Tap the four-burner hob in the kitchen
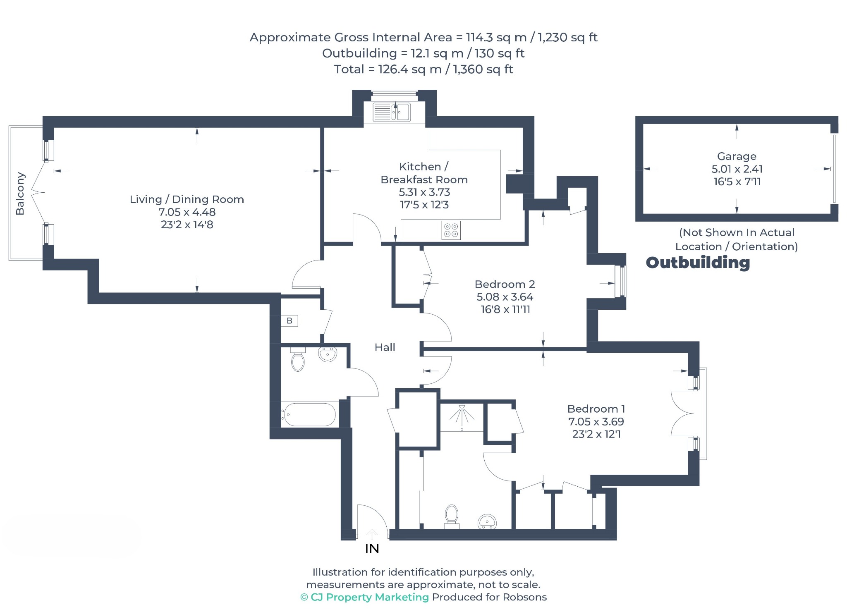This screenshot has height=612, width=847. tap(451, 230)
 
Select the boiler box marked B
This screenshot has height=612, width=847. tap(290, 320)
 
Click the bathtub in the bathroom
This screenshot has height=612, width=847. tap(309, 415)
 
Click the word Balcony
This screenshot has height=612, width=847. tap(20, 194)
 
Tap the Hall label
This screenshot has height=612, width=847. tap(385, 347)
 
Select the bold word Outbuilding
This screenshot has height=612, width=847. tap(698, 263)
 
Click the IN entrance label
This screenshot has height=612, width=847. tap(372, 548)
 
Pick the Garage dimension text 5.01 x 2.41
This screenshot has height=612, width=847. tap(737, 169)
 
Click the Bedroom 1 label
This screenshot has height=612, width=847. tap(596, 409)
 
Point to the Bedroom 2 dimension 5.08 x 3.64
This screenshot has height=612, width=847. tap(505, 297)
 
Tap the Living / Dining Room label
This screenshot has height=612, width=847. tap(187, 199)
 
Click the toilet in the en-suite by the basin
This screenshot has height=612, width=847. tap(452, 516)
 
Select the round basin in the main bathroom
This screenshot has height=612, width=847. tap(328, 354)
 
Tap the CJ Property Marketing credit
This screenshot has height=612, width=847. tap(364, 597)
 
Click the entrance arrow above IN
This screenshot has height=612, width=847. tap(372, 535)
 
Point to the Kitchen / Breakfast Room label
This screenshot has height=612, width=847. tap(424, 173)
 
